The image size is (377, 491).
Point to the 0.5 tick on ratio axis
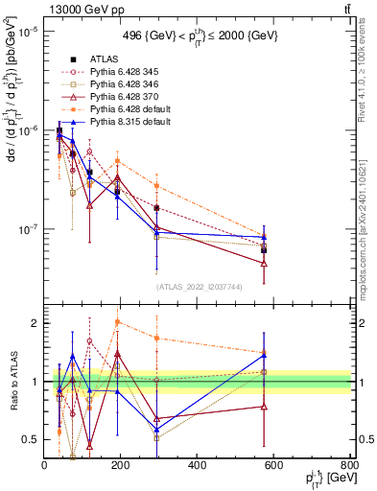tap(34, 439)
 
